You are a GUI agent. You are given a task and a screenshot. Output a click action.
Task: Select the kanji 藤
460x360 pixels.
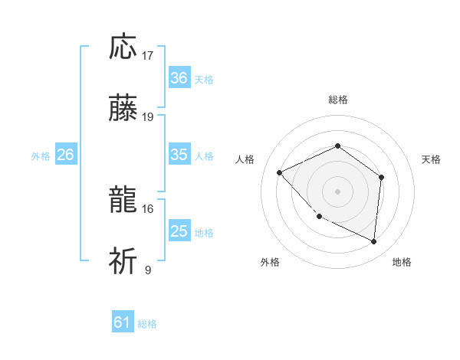click(123, 109)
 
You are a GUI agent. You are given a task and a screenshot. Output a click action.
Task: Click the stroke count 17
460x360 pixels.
click(148, 55)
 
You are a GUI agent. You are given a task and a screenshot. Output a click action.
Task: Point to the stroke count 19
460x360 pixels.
click(148, 117)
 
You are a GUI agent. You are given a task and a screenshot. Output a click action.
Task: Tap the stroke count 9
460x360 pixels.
click(148, 270)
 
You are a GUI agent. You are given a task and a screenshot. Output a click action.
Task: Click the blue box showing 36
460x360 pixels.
click(179, 78)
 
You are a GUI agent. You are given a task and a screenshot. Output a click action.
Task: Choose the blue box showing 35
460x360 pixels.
click(179, 155)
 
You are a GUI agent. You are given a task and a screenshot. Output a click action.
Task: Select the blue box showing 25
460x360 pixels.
click(179, 231)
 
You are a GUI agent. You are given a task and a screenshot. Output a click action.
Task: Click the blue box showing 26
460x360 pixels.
click(65, 155)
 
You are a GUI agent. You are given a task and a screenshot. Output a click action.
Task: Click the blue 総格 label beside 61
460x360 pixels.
click(148, 324)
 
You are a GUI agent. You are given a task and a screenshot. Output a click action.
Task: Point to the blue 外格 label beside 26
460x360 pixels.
click(41, 156)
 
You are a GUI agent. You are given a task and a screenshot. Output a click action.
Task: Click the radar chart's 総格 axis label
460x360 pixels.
click(337, 100)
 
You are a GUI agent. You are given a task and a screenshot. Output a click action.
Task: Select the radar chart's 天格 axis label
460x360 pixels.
click(432, 159)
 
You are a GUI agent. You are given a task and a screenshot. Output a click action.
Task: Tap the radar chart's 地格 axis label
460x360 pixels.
click(402, 263)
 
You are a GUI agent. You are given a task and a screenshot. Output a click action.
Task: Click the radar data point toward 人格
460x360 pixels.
click(280, 172)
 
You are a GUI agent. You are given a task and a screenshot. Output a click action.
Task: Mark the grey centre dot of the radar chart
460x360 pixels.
click(337, 191)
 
